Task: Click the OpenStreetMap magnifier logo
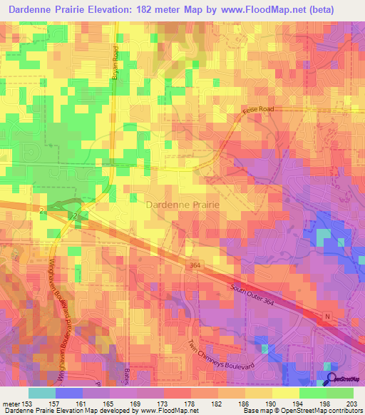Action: (x=331, y=379)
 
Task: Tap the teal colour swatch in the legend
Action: (x=42, y=392)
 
